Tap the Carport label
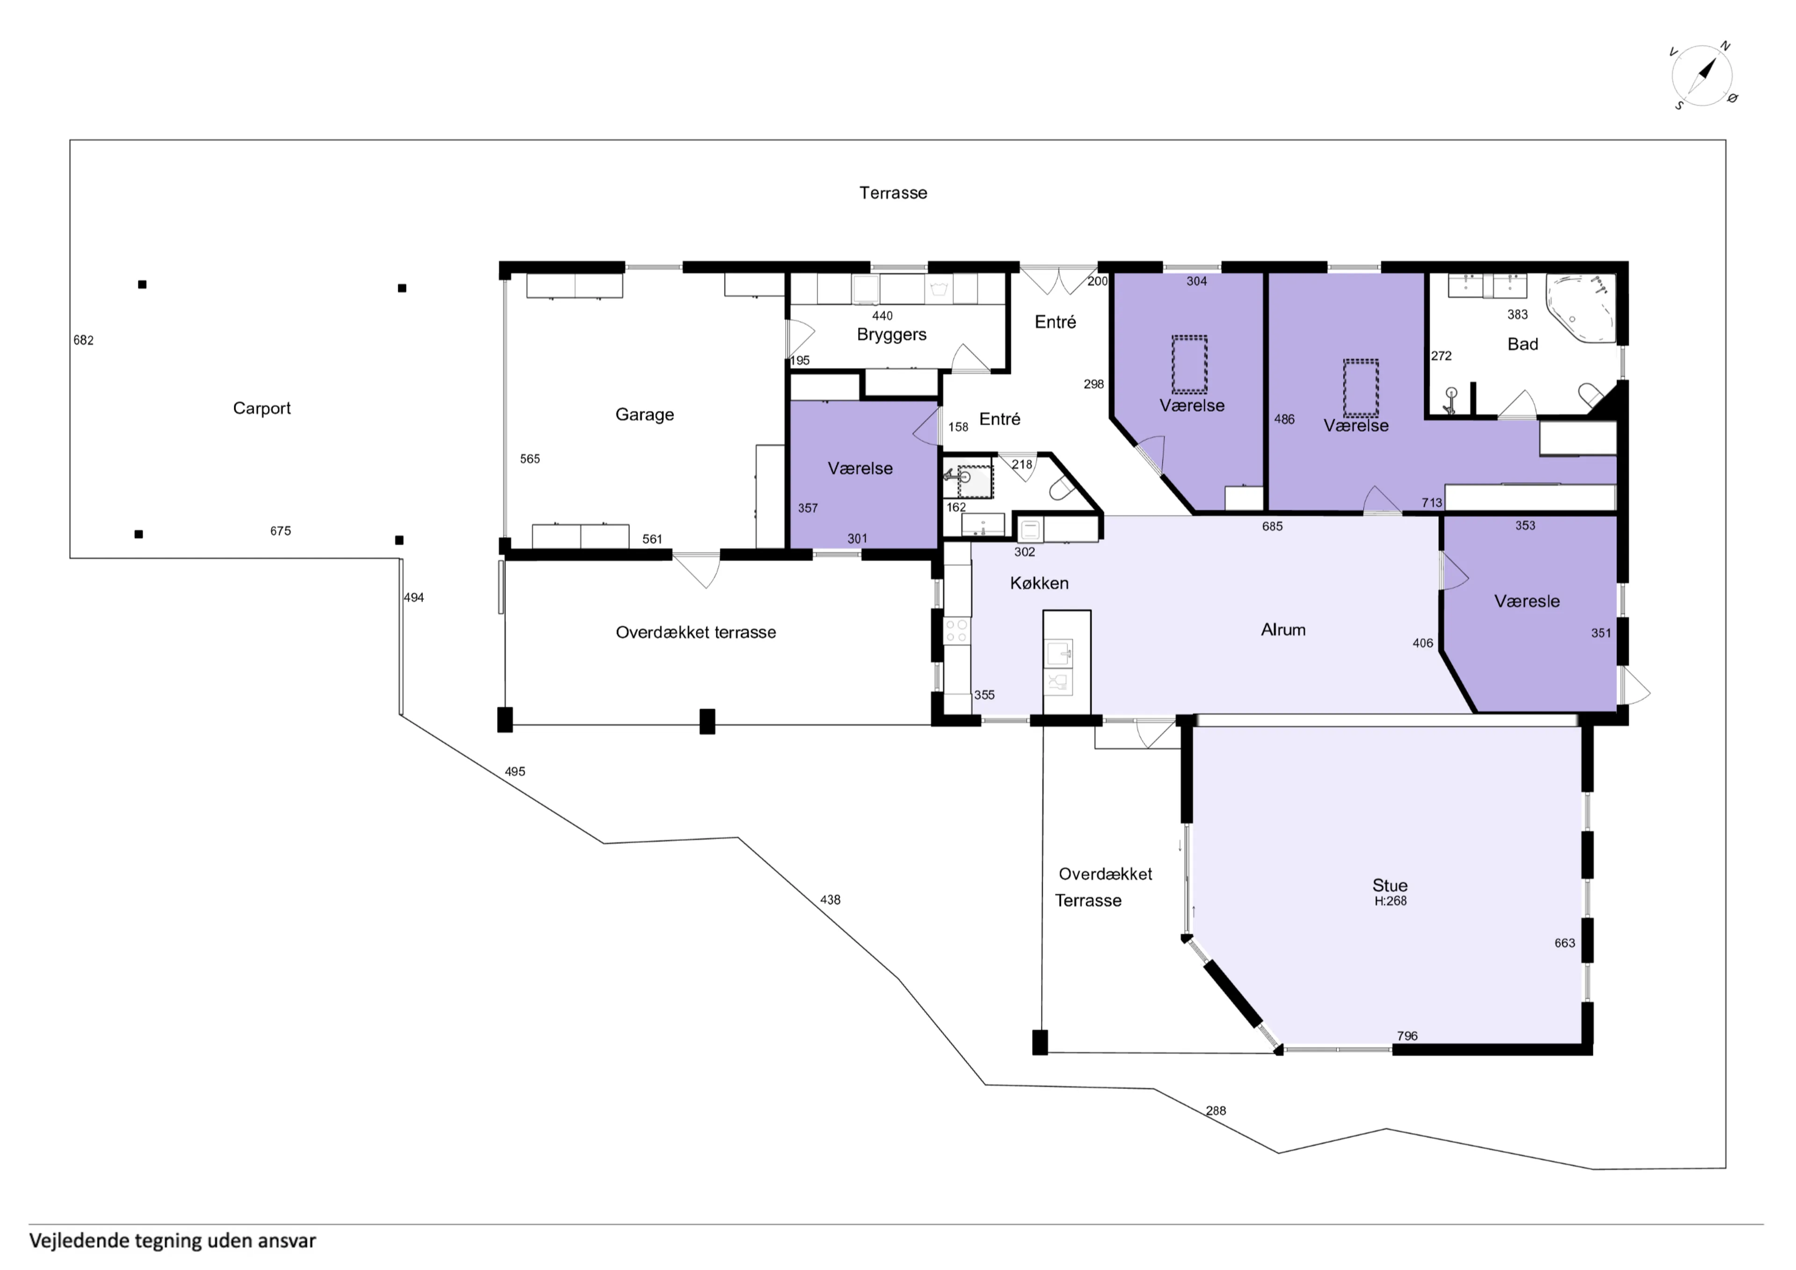click(x=261, y=408)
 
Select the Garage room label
click(x=645, y=415)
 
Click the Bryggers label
click(x=892, y=335)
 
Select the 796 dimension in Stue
click(x=1407, y=1036)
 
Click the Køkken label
click(x=1039, y=583)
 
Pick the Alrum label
click(x=1283, y=630)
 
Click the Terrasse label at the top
click(x=893, y=193)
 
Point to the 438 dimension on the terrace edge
click(x=830, y=900)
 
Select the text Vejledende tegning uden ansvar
click(x=173, y=1241)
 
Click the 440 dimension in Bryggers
click(x=883, y=316)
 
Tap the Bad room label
click(x=1522, y=344)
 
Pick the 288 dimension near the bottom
click(x=1216, y=1111)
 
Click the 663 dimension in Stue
click(x=1564, y=943)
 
